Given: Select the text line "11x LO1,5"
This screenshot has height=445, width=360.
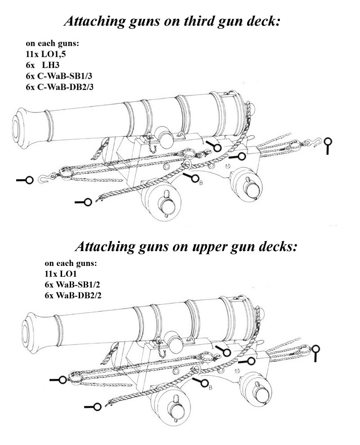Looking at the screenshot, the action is (x=46, y=54).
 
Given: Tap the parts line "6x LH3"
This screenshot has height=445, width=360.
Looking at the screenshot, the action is (x=43, y=65).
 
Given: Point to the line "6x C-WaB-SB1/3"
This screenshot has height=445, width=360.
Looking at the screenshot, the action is (x=59, y=76).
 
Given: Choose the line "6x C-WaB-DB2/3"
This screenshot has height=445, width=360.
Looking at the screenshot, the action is (x=59, y=87).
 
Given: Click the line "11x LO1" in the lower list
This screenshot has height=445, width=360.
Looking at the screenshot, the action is (x=60, y=274).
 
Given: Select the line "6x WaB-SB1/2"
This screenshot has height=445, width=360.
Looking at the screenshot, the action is (x=72, y=285).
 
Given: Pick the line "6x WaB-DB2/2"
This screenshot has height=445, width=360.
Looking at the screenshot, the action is (x=73, y=296).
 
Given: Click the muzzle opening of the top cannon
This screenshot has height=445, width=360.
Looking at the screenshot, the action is (x=16, y=129).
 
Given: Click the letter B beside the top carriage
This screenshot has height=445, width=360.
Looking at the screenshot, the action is (x=201, y=183).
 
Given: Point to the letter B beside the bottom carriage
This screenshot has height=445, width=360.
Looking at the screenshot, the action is (x=211, y=388).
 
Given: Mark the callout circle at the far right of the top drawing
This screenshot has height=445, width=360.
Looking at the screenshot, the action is (x=328, y=141).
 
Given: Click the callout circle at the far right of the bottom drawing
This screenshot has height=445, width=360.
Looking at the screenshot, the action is (x=315, y=349).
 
